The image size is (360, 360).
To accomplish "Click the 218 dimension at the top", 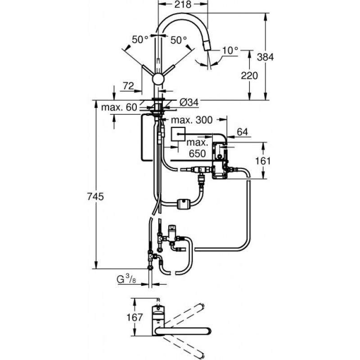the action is [x=183, y=4].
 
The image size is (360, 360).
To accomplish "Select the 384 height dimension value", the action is [x=265, y=57].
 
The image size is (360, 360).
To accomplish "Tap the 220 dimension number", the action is [x=249, y=76].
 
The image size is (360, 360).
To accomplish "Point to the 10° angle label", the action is [x=230, y=50].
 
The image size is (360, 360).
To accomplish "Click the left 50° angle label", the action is [x=140, y=40].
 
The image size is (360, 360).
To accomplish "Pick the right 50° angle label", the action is [x=179, y=40].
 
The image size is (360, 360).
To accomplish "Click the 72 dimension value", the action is [x=128, y=86].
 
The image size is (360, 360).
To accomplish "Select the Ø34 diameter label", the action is [x=189, y=103].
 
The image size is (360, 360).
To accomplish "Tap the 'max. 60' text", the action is [x=119, y=107].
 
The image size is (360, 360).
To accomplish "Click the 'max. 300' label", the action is [x=192, y=120].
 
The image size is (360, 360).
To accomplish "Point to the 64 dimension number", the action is [x=243, y=132].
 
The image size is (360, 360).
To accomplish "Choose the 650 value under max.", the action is [x=197, y=153].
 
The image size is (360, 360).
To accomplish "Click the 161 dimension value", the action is [x=263, y=161].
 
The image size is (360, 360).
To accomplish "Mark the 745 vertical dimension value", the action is [x=95, y=197].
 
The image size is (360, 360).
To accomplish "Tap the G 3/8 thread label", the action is [x=126, y=279].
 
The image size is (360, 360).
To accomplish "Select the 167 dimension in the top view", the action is [x=135, y=317].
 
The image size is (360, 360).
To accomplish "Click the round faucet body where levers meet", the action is [x=158, y=80].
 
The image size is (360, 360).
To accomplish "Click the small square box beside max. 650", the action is [x=178, y=134].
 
